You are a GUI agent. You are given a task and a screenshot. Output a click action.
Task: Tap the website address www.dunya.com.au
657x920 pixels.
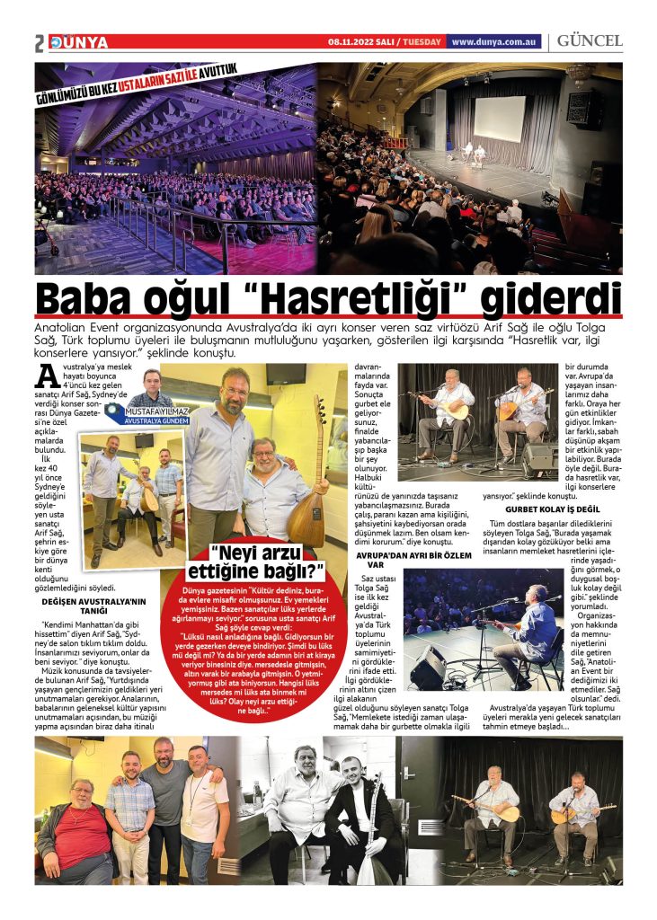tap(494, 41)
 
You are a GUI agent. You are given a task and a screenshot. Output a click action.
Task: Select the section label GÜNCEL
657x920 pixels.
tap(590, 40)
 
